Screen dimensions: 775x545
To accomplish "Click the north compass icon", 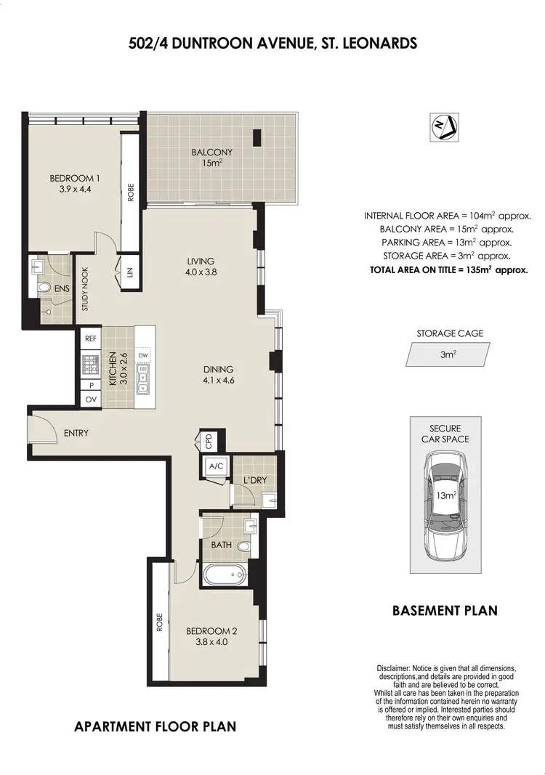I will tap(444, 127).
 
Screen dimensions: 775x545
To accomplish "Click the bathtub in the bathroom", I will tap(226, 576).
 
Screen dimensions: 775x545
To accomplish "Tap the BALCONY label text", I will tap(212, 153).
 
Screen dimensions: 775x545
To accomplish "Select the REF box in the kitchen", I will tap(91, 338).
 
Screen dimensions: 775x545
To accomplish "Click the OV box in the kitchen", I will tap(91, 399).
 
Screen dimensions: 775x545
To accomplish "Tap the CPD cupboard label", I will tap(208, 439).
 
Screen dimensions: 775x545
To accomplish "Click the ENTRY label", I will tap(76, 433).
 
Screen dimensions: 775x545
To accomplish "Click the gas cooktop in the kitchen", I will tap(91, 362).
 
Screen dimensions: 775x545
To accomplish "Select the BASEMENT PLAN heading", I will tap(445, 610).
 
